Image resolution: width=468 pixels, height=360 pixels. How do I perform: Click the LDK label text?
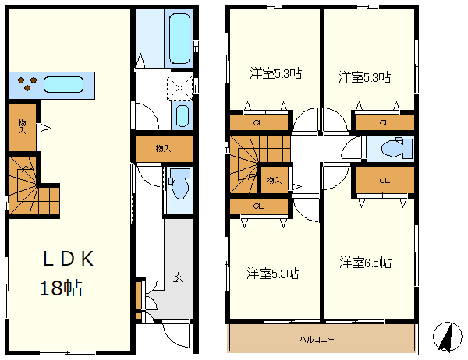click(x=69, y=258)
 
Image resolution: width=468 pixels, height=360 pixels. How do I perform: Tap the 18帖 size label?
click(x=61, y=288)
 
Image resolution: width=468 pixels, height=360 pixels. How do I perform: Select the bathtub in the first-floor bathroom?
click(x=179, y=38)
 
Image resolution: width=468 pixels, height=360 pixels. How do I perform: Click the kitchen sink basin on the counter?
click(x=64, y=85)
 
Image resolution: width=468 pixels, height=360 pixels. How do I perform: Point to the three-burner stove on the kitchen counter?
click(x=27, y=83)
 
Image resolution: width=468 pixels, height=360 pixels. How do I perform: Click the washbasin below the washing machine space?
click(x=182, y=116)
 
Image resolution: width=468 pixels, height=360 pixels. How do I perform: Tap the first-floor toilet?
click(x=179, y=183)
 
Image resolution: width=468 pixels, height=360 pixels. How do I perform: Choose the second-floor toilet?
click(x=397, y=148)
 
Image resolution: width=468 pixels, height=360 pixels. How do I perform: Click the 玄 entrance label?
click(x=178, y=277)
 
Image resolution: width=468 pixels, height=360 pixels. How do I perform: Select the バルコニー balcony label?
click(x=317, y=339)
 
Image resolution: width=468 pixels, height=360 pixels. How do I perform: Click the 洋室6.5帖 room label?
click(x=365, y=263)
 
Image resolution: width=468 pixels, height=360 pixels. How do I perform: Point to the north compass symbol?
click(x=447, y=337)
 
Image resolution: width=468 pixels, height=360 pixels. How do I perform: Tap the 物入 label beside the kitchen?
click(x=22, y=126)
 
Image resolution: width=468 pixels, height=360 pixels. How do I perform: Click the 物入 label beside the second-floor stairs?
click(x=274, y=180)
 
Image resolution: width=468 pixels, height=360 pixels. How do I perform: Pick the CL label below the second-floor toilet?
click(x=385, y=180)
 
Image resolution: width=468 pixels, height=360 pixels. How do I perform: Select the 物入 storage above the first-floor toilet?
click(x=165, y=149)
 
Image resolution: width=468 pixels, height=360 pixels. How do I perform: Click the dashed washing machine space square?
click(x=179, y=88)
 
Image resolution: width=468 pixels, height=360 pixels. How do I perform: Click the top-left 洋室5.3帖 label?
click(x=276, y=73)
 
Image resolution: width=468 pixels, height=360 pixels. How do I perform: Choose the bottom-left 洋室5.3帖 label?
click(x=272, y=274)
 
